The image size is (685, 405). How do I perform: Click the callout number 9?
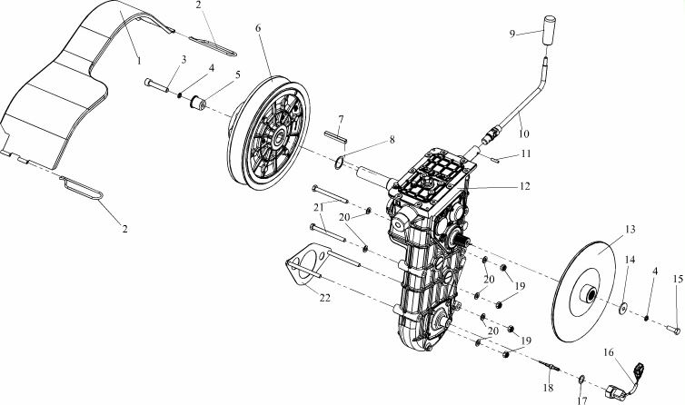tap(512, 34)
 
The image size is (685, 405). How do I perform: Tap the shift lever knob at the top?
tap(549, 30)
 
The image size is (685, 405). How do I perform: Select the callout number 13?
tap(630, 230)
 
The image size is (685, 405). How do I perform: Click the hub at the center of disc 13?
tap(589, 294)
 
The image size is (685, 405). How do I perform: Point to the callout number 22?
tap(324, 298)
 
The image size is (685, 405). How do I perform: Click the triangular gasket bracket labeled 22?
tap(308, 263)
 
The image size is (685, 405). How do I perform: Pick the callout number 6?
tap(258, 28)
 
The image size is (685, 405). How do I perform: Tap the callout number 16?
tap(609, 352)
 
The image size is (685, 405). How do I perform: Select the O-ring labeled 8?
tap(339, 163)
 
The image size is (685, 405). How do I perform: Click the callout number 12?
tap(525, 186)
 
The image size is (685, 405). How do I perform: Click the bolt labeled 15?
tap(673, 330)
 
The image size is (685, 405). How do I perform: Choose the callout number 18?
tap(548, 388)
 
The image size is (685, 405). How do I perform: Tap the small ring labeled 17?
tap(581, 380)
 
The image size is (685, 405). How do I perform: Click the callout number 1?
tap(139, 61)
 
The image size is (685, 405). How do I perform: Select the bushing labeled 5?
tap(199, 104)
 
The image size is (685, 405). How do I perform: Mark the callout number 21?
tap(320, 206)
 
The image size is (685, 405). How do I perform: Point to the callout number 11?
tap(526, 153)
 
